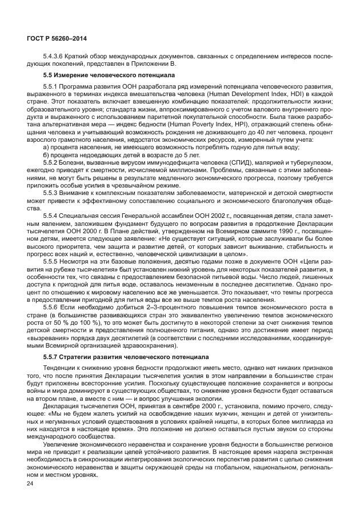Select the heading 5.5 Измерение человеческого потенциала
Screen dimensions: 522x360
(99, 75)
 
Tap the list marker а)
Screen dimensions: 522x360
(47, 147)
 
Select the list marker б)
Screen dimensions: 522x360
(47, 154)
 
